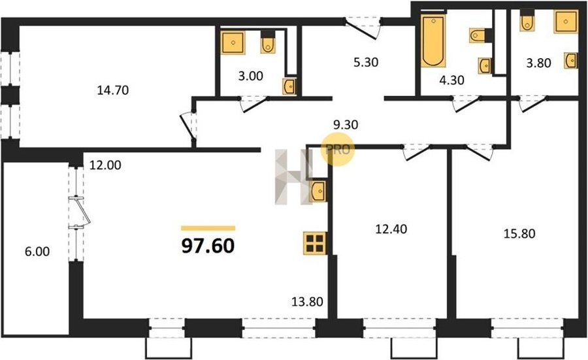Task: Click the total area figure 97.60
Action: click(208, 246)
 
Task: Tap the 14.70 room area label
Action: click(113, 90)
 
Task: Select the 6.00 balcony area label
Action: click(37, 252)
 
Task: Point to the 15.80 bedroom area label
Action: click(519, 234)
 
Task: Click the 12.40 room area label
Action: click(391, 229)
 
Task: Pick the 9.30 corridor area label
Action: click(346, 125)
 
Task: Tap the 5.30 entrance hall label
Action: click(366, 62)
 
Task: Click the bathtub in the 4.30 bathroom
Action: click(433, 41)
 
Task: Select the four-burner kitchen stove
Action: click(315, 243)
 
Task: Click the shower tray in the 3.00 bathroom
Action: click(233, 42)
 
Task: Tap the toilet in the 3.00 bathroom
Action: click(268, 42)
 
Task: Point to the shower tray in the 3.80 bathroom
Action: click(566, 22)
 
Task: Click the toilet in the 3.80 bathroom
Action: click(527, 22)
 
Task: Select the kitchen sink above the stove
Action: click(318, 191)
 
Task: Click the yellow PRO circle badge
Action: click(338, 149)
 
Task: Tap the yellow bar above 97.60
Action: click(208, 228)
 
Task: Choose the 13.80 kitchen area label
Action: click(308, 301)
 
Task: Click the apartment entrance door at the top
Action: click(362, 26)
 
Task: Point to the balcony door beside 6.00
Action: click(80, 212)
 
